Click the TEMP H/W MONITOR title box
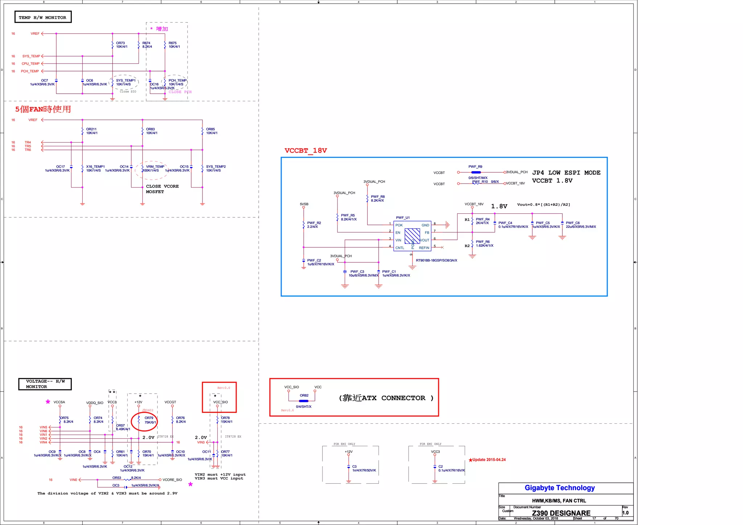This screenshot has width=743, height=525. pyautogui.click(x=43, y=17)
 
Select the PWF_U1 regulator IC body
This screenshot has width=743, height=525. pyautogui.click(x=412, y=236)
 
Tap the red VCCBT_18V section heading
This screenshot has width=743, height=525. pyautogui.click(x=305, y=151)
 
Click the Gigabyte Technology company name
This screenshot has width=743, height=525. pyautogui.click(x=559, y=488)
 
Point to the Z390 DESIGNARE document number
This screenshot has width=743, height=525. pyautogui.click(x=561, y=513)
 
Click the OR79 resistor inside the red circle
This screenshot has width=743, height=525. pyautogui.click(x=139, y=421)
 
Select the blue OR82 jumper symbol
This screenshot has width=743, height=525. pyautogui.click(x=304, y=401)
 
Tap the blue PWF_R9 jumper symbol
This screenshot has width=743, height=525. pyautogui.click(x=476, y=172)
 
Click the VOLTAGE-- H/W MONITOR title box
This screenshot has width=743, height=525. pyautogui.click(x=45, y=384)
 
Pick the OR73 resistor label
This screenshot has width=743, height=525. pyautogui.click(x=120, y=43)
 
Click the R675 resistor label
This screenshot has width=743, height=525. pyautogui.click(x=173, y=43)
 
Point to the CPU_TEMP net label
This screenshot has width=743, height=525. pyautogui.click(x=30, y=64)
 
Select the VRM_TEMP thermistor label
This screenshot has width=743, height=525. pyautogui.click(x=155, y=167)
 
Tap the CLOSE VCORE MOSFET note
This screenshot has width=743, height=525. pyautogui.click(x=162, y=189)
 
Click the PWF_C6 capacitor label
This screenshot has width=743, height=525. pyautogui.click(x=572, y=223)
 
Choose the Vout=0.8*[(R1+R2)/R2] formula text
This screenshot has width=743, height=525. pyautogui.click(x=543, y=205)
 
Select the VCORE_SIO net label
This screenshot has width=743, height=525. pyautogui.click(x=172, y=480)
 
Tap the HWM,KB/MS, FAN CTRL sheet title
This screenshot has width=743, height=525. pyautogui.click(x=559, y=501)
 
